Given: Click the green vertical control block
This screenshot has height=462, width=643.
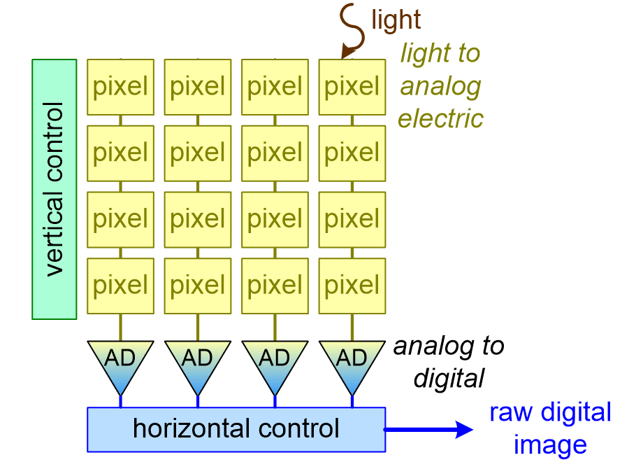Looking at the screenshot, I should [54, 189].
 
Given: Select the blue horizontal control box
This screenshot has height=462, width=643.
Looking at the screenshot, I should [236, 428].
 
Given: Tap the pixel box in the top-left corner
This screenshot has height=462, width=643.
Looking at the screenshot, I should [120, 87].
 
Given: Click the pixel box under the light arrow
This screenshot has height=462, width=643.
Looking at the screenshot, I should [352, 87].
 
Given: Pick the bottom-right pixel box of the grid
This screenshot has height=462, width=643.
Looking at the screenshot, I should [352, 285].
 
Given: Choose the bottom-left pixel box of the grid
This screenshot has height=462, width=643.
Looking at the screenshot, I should [120, 285].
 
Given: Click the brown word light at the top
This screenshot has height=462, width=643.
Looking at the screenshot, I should [396, 20].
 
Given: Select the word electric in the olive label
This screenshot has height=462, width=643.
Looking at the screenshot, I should [440, 118].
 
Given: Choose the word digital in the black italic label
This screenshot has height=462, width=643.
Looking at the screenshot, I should [449, 379].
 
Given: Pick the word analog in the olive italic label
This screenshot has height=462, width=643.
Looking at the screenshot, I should [440, 86].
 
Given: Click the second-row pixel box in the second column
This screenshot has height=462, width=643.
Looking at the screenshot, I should [197, 153].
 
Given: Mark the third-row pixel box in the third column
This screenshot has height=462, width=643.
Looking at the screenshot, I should [275, 219].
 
